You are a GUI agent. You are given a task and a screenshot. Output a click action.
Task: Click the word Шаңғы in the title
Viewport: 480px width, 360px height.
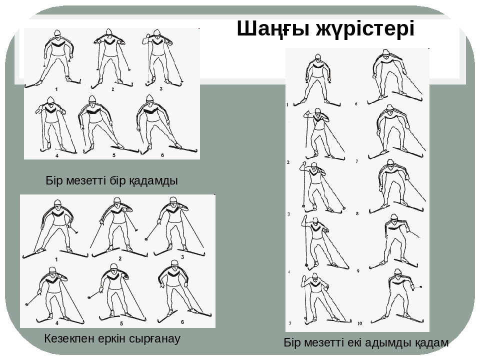click(273, 29)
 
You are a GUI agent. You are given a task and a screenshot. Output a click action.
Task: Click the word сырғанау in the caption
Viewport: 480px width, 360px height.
click(155, 339)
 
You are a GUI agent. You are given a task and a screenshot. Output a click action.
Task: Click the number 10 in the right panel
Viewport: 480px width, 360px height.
click(360, 323)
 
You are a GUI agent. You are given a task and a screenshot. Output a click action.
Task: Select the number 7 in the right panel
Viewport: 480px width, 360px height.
click(357, 161)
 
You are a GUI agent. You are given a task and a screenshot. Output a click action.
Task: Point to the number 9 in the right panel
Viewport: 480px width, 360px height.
click(358, 271)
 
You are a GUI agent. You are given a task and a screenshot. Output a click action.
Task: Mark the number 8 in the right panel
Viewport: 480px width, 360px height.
click(357, 213)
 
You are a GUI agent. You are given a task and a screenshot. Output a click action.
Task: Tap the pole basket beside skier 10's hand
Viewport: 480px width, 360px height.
click(421, 287)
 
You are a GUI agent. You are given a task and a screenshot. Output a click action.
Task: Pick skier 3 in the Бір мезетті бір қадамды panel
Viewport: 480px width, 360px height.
click(162, 57)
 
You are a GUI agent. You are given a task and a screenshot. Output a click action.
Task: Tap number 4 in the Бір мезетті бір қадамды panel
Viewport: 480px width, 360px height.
click(57, 156)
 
